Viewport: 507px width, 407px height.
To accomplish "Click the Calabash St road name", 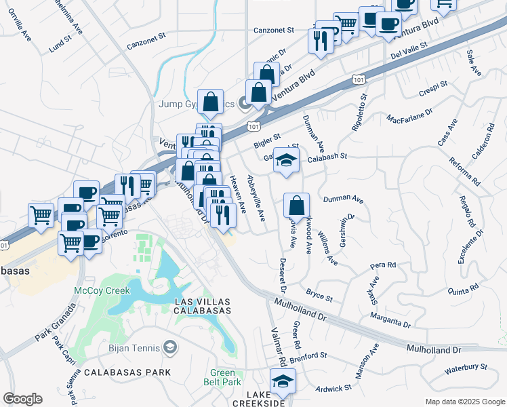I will coord(327,156).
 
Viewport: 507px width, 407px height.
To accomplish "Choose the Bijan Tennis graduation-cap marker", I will coord(170,349).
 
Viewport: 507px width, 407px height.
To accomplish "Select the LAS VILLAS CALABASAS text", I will coord(203,305).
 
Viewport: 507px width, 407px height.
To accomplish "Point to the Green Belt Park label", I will coord(222,377).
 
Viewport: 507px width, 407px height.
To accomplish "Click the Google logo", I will coord(22,399).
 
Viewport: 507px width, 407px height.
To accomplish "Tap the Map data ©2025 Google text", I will coord(465,402).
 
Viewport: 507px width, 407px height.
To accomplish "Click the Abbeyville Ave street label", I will coord(256,197).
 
